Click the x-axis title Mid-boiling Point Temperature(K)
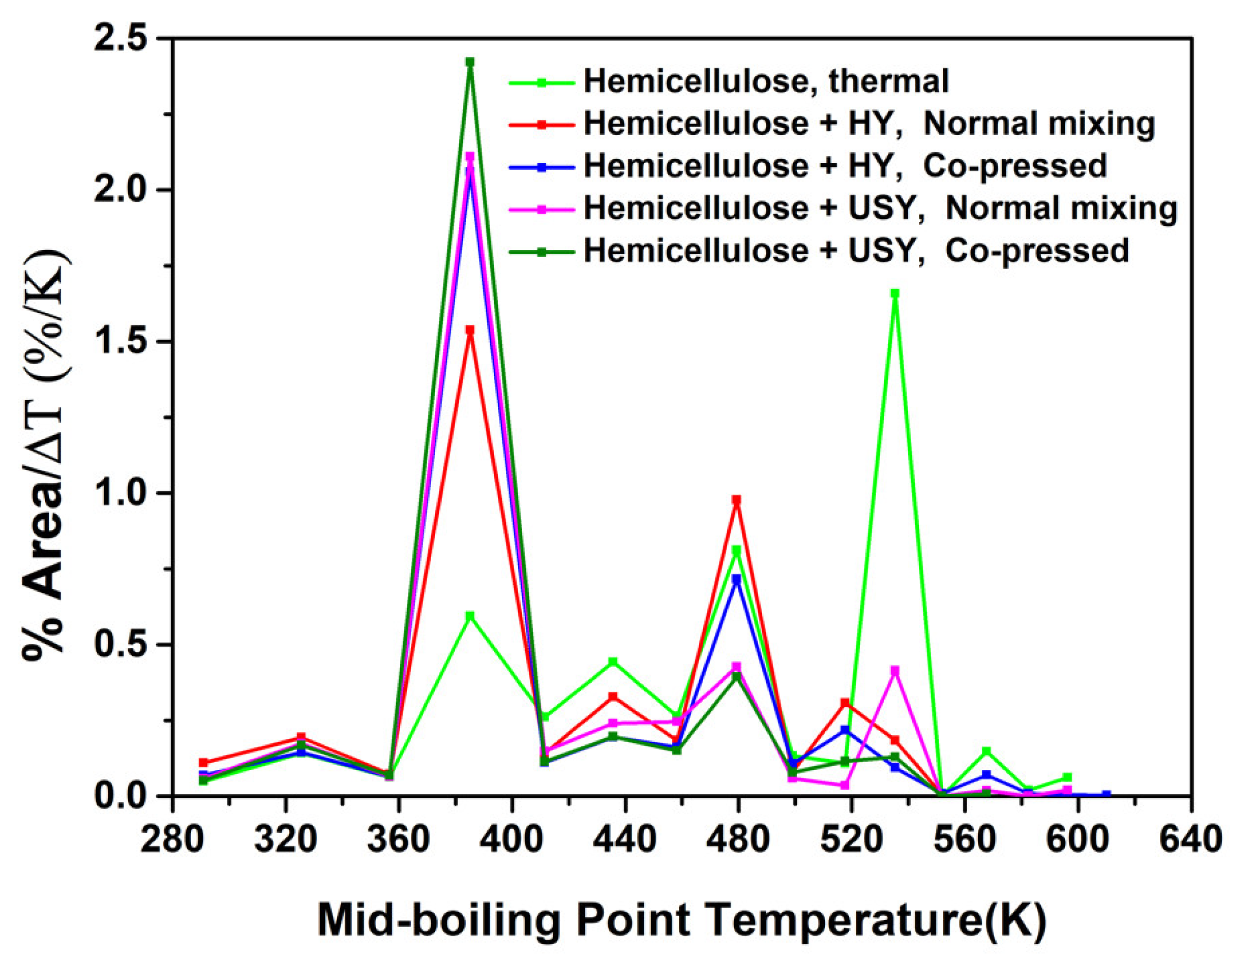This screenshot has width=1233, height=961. click(x=682, y=921)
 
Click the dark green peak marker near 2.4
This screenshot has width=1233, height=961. click(x=470, y=62)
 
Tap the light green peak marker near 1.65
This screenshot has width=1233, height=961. click(x=894, y=293)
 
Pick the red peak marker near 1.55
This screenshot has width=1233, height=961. click(x=470, y=330)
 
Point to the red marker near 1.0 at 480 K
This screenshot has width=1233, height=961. click(x=736, y=500)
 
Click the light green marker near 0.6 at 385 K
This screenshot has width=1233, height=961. click(x=470, y=616)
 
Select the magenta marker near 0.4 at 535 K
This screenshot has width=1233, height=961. click(x=894, y=671)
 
